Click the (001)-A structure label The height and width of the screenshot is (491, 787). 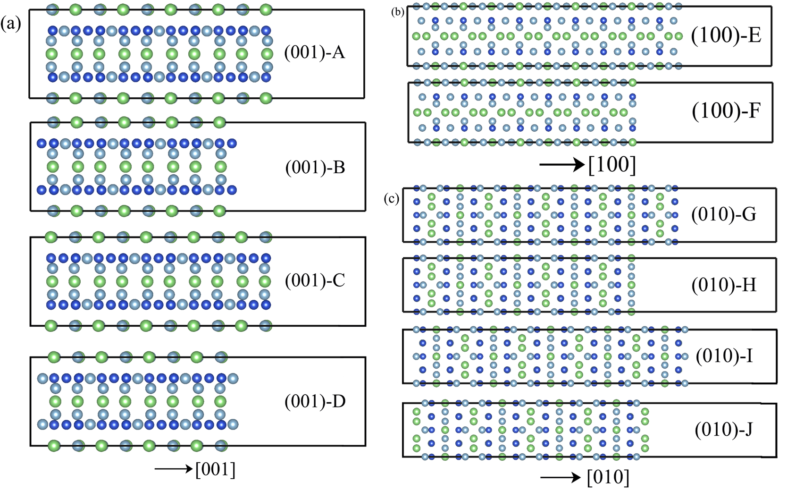[314, 52]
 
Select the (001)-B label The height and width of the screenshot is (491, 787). [315, 168]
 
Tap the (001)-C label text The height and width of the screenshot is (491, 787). [315, 281]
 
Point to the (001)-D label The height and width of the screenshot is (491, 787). [315, 402]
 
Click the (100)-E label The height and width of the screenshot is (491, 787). [726, 35]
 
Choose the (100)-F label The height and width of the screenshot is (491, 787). [726, 111]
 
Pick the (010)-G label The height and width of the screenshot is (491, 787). [724, 215]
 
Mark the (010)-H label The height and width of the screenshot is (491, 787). [724, 285]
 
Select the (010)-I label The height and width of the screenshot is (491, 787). [724, 356]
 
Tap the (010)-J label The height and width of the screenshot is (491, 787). [724, 430]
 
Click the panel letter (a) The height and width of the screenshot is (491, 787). [10, 23]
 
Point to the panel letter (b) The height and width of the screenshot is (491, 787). [398, 12]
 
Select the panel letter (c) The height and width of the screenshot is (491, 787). [392, 199]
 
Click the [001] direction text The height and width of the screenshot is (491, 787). [215, 469]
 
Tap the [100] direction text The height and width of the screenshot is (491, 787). [612, 165]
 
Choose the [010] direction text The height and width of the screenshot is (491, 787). [608, 477]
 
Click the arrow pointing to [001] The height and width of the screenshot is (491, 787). [173, 469]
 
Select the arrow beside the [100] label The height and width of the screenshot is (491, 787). [561, 165]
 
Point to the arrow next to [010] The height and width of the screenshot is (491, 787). [560, 477]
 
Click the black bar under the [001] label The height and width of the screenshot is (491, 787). [189, 487]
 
